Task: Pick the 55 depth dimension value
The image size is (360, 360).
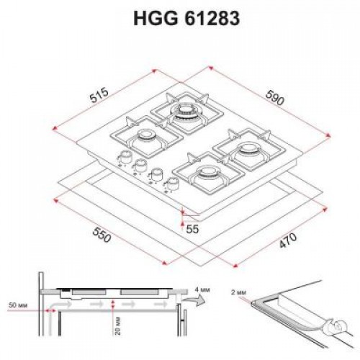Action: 192,229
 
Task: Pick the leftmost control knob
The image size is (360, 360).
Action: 125,158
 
